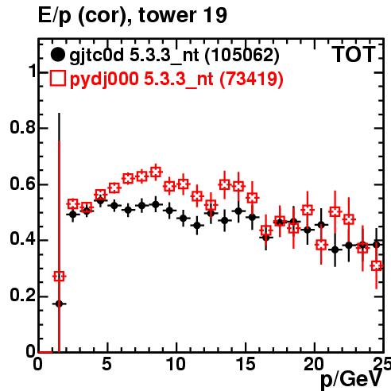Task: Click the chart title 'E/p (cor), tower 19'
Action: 133,16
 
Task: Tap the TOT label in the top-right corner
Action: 354,54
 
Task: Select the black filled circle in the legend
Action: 57,55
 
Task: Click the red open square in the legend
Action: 57,79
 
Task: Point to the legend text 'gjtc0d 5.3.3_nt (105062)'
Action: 174,56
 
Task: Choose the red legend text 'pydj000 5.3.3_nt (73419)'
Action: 176,79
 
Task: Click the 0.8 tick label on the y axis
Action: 22,127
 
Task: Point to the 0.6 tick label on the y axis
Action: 22,184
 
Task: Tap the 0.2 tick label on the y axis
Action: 22,296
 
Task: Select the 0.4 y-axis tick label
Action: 22,239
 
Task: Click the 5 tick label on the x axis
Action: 106,364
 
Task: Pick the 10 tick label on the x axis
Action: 176,364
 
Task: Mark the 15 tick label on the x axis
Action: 246,364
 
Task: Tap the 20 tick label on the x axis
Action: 314,364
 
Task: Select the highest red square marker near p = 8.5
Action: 156,172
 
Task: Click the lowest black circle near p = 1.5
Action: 59,304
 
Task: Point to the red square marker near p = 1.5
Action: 59,277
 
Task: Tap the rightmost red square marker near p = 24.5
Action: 377,265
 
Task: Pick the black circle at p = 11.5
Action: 197,226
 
